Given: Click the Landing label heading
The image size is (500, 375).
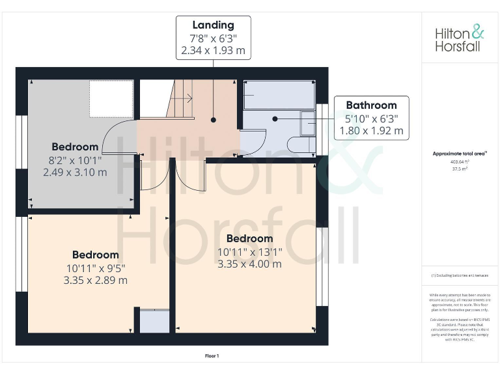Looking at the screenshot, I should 213,25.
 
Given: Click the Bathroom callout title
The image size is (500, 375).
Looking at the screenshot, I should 371,105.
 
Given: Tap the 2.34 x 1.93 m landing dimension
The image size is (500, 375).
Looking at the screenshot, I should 213,49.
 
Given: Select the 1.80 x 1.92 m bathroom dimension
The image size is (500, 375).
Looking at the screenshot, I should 371,130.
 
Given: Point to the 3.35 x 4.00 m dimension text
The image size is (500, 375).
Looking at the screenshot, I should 249,264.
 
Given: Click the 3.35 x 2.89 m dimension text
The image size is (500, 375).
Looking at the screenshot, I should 95,280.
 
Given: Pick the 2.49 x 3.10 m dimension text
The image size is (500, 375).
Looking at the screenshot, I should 75,172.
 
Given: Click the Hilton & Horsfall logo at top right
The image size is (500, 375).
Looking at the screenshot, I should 460,38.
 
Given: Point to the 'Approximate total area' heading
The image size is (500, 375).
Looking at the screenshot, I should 460,154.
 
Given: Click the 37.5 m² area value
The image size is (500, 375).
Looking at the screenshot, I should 460,168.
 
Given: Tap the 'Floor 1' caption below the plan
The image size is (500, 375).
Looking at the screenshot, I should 212,355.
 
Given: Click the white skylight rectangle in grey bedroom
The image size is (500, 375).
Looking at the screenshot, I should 111,98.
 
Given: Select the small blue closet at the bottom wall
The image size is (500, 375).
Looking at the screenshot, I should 154,322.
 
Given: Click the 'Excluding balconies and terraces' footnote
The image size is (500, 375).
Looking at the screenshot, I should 460,275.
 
